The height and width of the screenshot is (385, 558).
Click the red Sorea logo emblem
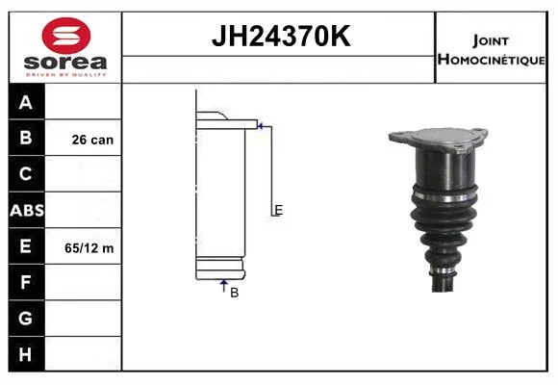66,36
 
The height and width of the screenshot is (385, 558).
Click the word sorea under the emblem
65,63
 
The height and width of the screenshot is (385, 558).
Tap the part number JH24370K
281,36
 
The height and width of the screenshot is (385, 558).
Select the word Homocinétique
492,59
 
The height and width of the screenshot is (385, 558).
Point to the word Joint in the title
491,40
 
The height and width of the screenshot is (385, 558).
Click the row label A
26,103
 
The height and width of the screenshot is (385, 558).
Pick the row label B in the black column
26,138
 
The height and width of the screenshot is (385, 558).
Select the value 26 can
92,140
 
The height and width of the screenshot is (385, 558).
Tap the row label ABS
27,210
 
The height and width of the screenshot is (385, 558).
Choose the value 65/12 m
89,248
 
